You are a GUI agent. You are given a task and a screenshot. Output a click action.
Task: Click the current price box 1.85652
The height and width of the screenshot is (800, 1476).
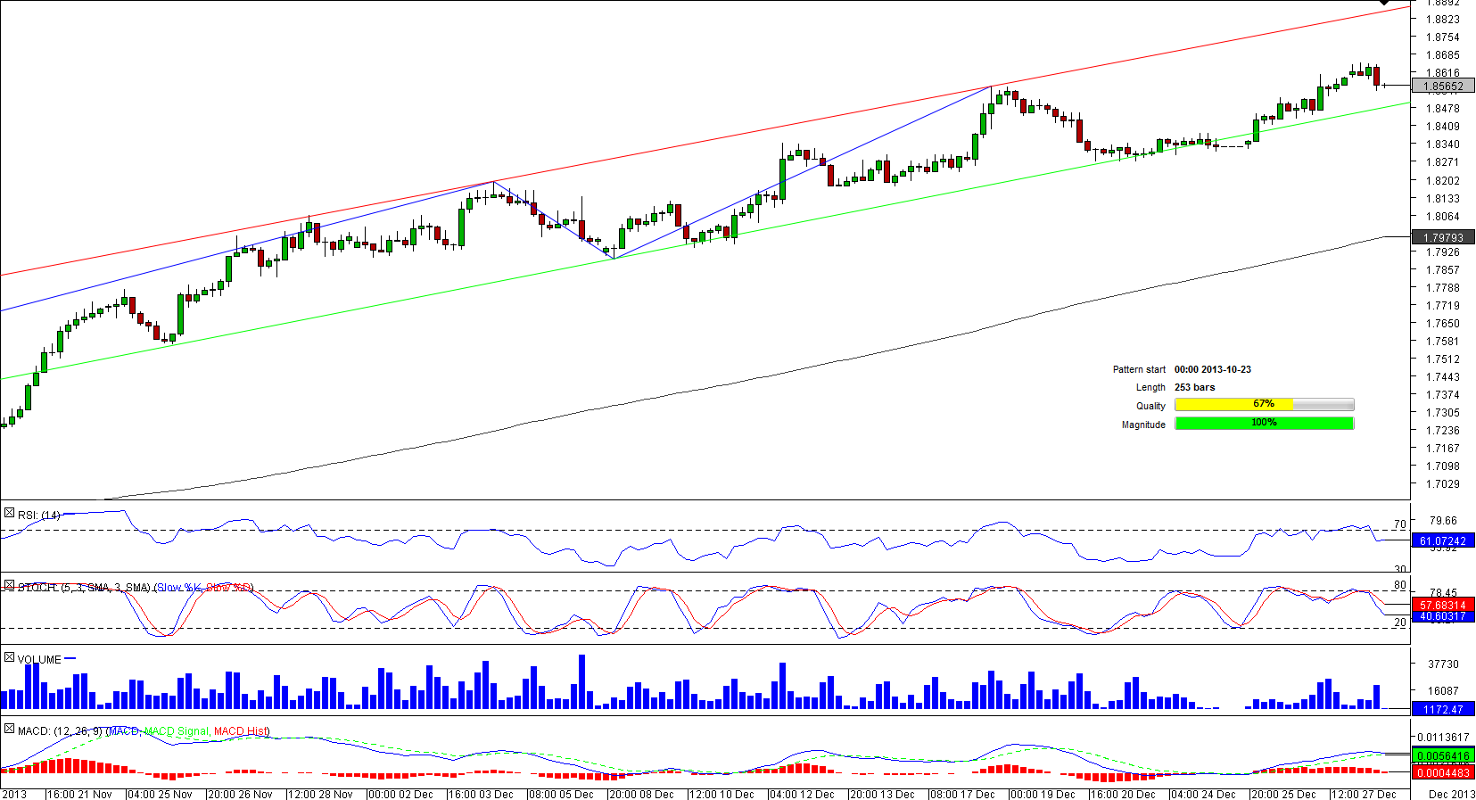pyautogui.click(x=1443, y=87)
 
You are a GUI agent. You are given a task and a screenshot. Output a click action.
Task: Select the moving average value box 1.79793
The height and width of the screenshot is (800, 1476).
pyautogui.click(x=1443, y=237)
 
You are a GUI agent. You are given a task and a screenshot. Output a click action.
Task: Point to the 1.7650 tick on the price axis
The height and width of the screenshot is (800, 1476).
pyautogui.click(x=1442, y=324)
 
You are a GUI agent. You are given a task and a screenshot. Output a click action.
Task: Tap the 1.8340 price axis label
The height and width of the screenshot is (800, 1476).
pyautogui.click(x=1442, y=144)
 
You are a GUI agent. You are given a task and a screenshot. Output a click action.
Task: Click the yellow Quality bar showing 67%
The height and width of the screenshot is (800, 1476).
pyautogui.click(x=1233, y=405)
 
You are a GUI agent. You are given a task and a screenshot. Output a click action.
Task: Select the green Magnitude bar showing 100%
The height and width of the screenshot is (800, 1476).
pyautogui.click(x=1264, y=423)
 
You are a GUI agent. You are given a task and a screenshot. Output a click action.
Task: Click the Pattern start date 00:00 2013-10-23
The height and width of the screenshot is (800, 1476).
pyautogui.click(x=1212, y=369)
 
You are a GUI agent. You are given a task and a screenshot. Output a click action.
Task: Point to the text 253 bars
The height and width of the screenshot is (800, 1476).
pyautogui.click(x=1194, y=387)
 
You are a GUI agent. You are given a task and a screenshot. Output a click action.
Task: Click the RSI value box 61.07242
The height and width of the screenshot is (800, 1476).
pyautogui.click(x=1443, y=541)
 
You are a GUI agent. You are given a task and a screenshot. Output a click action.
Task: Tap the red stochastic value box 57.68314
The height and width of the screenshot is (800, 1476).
pyautogui.click(x=1443, y=605)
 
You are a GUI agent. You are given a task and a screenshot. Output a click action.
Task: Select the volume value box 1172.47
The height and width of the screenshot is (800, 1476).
pyautogui.click(x=1443, y=710)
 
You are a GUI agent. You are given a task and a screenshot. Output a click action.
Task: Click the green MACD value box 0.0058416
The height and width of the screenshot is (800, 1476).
pyautogui.click(x=1443, y=756)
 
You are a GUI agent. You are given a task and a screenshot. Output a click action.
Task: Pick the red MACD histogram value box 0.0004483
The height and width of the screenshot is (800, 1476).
pyautogui.click(x=1443, y=772)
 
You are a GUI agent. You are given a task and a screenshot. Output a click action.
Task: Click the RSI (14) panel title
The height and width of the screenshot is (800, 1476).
pyautogui.click(x=39, y=515)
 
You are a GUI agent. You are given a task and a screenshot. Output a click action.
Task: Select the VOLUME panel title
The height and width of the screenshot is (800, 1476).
pyautogui.click(x=39, y=660)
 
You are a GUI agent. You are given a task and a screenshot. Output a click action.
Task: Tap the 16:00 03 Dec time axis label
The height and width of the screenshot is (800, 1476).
pyautogui.click(x=482, y=794)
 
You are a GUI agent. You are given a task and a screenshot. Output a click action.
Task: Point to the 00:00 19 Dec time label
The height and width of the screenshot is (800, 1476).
pyautogui.click(x=1043, y=794)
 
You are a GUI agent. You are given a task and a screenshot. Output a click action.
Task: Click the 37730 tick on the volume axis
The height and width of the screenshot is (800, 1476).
pyautogui.click(x=1443, y=664)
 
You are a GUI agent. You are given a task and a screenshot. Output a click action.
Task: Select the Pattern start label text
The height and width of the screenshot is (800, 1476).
pyautogui.click(x=1139, y=369)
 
